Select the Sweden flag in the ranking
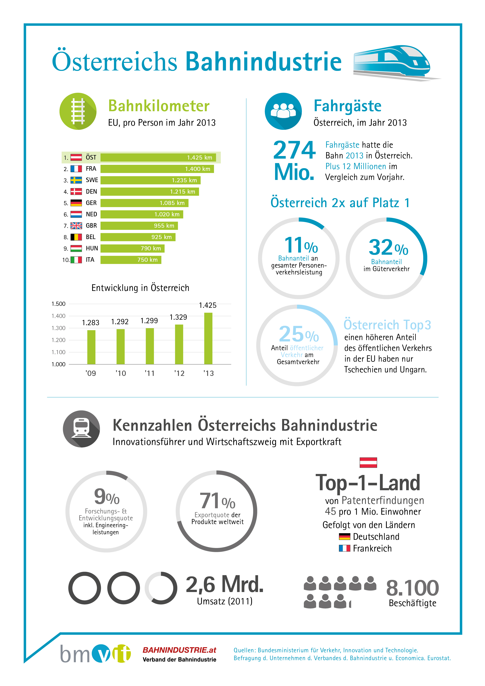76,180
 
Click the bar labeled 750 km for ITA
131,260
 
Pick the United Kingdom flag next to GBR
76,226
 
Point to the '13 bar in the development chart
208,338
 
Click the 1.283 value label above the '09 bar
91,323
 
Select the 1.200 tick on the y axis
58,340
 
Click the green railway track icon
78,111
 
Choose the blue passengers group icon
283,111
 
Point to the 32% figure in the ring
388,247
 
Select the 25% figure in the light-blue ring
298,334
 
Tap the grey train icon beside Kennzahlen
81,429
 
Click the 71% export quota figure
217,501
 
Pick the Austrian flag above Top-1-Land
368,462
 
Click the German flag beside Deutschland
344,537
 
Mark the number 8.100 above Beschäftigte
412,588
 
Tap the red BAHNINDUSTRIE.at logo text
179,650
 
